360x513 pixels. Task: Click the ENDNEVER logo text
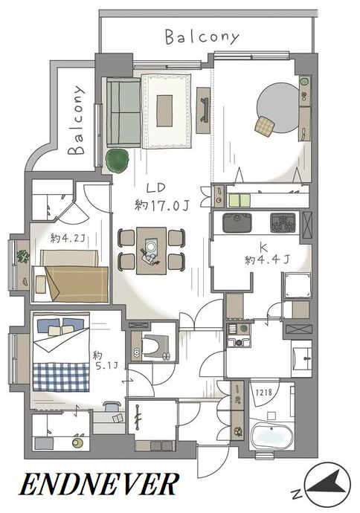[x=99, y=484]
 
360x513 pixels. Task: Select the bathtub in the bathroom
[x=271, y=436]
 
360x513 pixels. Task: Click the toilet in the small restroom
[x=155, y=346]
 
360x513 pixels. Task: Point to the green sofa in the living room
[x=124, y=113]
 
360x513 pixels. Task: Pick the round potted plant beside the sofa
[x=117, y=161]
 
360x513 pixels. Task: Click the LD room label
[x=155, y=188]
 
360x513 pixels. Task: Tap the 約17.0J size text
[x=162, y=205]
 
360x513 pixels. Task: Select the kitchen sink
[x=237, y=223]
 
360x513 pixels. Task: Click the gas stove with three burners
[x=283, y=223]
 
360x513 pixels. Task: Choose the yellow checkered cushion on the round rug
[x=264, y=126]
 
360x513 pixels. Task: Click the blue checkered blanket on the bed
[x=61, y=377]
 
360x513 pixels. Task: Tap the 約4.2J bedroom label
[x=68, y=238]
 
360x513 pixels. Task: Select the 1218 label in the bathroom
[x=264, y=392]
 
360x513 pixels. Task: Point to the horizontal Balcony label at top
[x=202, y=37]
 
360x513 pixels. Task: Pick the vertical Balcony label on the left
[x=77, y=120]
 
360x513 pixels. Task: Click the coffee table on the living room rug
[x=164, y=111]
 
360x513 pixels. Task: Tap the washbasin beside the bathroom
[x=301, y=359]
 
